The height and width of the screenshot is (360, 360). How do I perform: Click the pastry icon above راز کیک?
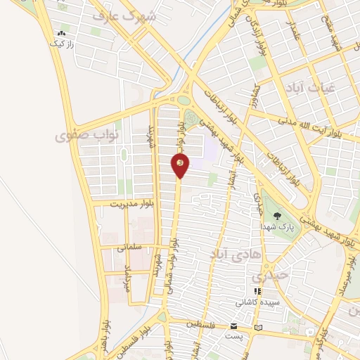pos(63,32)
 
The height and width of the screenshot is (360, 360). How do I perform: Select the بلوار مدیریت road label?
pos(131,203)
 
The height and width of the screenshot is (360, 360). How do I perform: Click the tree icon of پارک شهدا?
pos(276,217)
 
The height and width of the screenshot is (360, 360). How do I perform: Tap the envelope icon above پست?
pos(233,326)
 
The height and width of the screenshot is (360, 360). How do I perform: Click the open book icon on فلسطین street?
pos(259,327)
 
